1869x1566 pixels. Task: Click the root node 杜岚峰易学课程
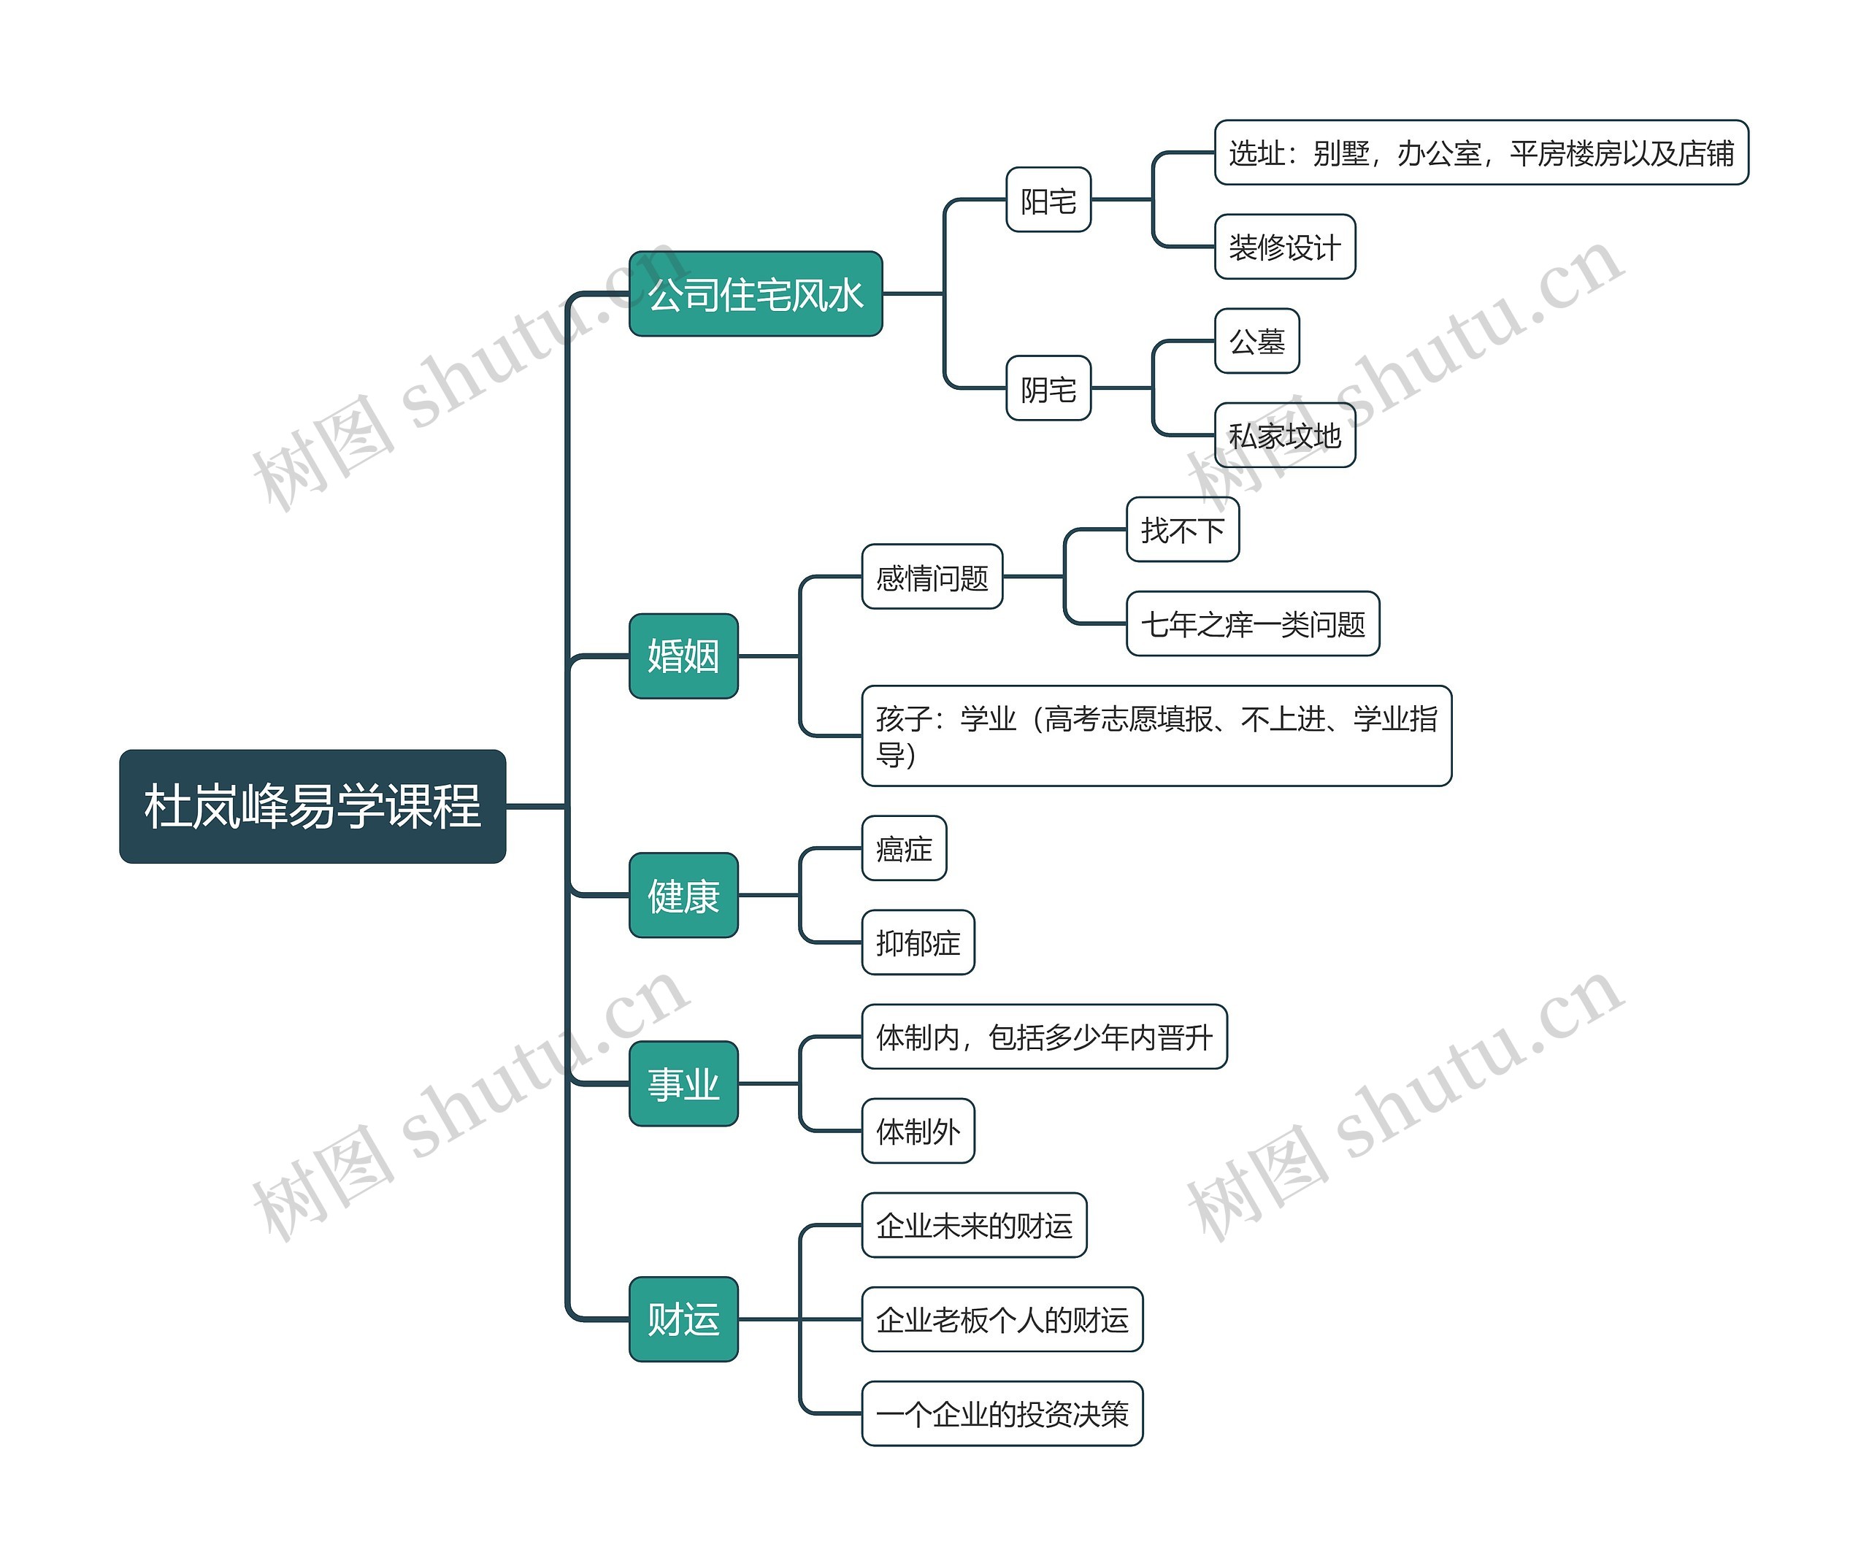click(312, 806)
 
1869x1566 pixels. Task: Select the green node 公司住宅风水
click(755, 293)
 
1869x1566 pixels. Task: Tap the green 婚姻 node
click(683, 656)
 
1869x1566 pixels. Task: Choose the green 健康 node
click(683, 895)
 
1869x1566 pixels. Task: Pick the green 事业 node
click(683, 1083)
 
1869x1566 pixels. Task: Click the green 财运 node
click(683, 1319)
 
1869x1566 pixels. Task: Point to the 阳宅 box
click(1048, 200)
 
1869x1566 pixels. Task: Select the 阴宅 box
click(1048, 388)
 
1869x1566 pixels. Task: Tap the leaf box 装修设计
click(1284, 247)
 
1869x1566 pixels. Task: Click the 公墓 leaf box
click(1256, 341)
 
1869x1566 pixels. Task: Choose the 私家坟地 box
click(1284, 435)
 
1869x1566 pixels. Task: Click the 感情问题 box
click(932, 577)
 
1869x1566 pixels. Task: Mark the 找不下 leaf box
click(1182, 529)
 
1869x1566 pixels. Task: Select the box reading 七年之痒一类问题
click(1252, 623)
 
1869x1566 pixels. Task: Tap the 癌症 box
click(903, 848)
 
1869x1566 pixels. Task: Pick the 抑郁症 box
click(918, 943)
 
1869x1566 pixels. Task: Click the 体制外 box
click(918, 1131)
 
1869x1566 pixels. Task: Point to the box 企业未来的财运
click(974, 1225)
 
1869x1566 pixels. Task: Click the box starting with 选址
click(1481, 152)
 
